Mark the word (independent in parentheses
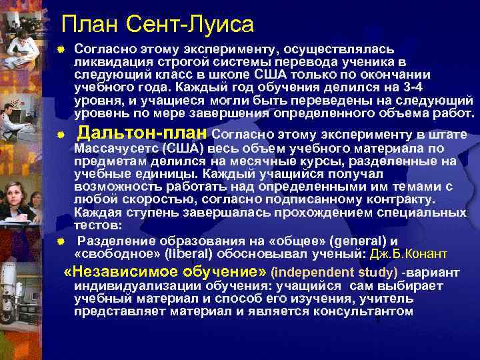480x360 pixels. [308, 273]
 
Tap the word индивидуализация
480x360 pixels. [124, 286]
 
